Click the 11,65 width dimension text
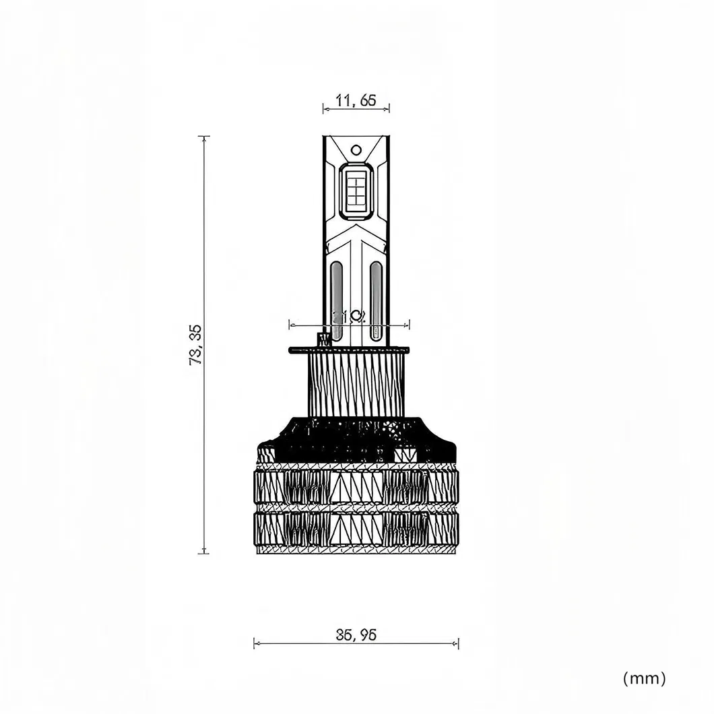(x=356, y=101)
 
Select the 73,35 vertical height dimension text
(x=196, y=344)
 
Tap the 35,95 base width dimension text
(x=356, y=635)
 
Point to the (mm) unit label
(x=645, y=678)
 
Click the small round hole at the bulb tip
(x=356, y=150)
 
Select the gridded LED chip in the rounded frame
(x=356, y=191)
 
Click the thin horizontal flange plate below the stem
(x=348, y=350)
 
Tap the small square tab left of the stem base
(x=323, y=337)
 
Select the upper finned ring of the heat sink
(x=357, y=486)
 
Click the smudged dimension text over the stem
(x=349, y=317)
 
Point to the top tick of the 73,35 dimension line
(x=203, y=137)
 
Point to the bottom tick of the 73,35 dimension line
(x=203, y=554)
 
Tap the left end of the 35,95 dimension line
(x=254, y=643)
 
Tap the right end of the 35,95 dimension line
(x=459, y=643)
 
